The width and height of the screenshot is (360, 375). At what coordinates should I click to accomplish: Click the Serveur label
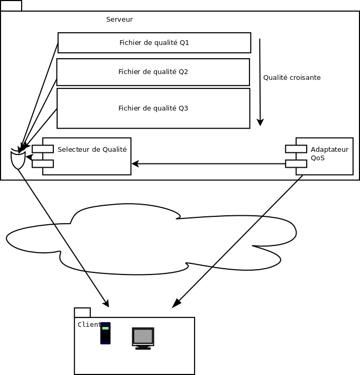(x=119, y=20)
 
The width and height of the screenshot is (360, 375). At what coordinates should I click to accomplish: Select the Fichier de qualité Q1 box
(x=154, y=43)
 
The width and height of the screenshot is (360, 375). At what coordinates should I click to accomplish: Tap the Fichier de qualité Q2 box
(x=153, y=72)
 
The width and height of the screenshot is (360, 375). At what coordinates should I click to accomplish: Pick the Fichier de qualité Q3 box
(x=153, y=108)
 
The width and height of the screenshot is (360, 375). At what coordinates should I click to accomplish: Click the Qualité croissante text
(x=292, y=78)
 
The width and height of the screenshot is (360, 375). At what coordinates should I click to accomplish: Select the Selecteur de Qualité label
(x=92, y=150)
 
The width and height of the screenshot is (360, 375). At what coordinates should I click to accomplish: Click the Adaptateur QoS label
(x=329, y=153)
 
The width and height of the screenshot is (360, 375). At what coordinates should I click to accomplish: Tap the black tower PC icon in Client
(x=105, y=333)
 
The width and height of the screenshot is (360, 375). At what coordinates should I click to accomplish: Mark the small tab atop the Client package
(x=82, y=313)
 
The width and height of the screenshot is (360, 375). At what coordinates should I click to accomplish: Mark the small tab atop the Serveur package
(x=11, y=6)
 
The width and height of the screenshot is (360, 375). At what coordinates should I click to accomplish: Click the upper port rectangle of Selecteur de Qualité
(x=43, y=149)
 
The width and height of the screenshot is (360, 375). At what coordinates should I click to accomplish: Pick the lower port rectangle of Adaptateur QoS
(x=296, y=163)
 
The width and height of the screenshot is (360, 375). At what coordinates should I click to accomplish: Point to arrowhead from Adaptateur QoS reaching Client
(x=176, y=304)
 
